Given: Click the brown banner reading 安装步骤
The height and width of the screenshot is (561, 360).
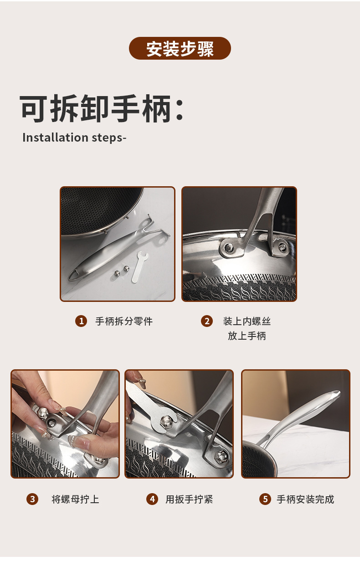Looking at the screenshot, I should tap(180, 48).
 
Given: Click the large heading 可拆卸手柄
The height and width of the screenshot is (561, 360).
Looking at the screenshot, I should tap(101, 109).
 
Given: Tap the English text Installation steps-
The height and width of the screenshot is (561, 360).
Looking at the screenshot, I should tap(74, 138).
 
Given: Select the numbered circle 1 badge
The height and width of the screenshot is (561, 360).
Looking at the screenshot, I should tap(81, 321).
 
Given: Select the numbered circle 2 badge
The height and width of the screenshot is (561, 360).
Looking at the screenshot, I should tap(207, 321).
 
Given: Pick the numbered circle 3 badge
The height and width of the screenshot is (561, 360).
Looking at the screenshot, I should tap(32, 499).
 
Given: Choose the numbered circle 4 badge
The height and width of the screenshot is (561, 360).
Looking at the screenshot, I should tap(152, 499).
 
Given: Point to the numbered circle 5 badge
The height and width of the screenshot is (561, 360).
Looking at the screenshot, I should tap(265, 499).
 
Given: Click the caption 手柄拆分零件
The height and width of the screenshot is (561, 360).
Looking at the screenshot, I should tap(124, 321).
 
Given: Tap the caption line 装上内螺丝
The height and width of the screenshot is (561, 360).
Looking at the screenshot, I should tap(247, 321).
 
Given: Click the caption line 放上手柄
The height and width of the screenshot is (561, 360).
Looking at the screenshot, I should tap(247, 336).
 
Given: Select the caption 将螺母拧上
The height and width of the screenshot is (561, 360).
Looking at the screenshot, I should tap(75, 499).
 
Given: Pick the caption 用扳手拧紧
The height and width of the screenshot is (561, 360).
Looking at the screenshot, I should tap(189, 499).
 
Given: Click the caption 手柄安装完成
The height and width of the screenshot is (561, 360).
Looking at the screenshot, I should tap(305, 499).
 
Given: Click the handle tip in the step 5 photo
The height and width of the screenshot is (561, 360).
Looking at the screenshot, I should tap(336, 393).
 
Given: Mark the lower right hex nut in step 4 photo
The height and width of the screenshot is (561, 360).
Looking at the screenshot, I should tap(221, 454).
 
